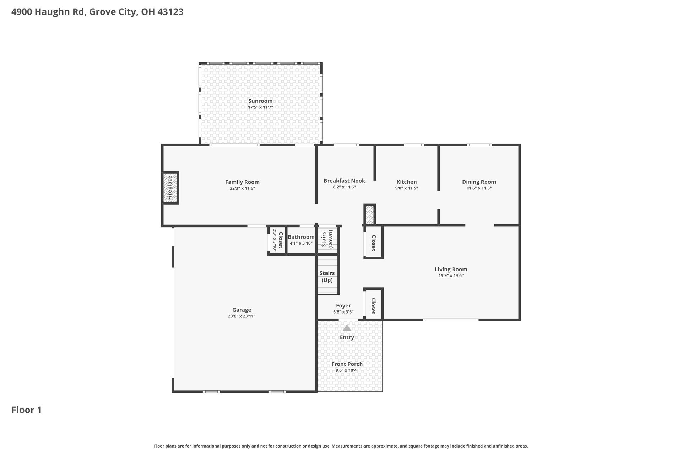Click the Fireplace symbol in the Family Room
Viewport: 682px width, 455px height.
click(x=170, y=188)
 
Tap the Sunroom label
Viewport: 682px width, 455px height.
click(x=260, y=101)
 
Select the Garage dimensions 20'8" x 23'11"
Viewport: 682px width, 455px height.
click(x=242, y=316)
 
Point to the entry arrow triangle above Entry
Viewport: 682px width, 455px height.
click(x=347, y=328)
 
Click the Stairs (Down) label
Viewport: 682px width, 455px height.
click(x=327, y=239)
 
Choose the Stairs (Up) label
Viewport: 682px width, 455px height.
click(x=327, y=277)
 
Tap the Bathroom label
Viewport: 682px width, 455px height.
click(x=301, y=237)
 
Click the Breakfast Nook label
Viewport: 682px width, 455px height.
click(x=344, y=181)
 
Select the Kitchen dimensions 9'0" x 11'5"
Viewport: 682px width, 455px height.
click(x=406, y=188)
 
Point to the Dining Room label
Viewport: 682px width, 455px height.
click(x=479, y=182)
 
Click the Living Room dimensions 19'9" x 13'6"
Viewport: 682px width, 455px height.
click(x=451, y=275)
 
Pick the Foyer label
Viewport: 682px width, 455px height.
click(x=343, y=306)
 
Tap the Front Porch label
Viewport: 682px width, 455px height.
click(x=347, y=364)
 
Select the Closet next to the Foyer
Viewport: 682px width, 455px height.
click(x=373, y=306)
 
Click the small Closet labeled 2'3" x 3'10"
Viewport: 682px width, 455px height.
click(x=278, y=240)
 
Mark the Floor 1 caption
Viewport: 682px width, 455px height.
click(x=27, y=410)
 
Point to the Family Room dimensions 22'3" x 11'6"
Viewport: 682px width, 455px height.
click(x=242, y=188)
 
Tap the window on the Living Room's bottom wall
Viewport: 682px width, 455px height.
click(x=451, y=320)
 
